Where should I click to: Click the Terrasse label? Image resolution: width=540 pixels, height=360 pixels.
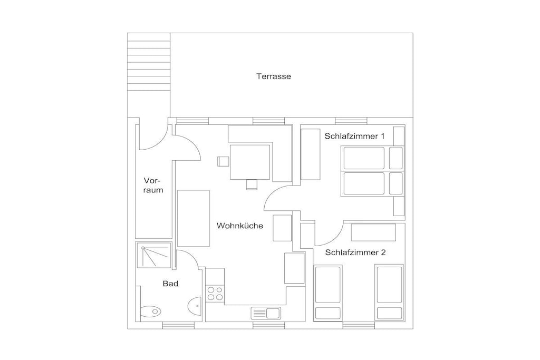tap(274, 76)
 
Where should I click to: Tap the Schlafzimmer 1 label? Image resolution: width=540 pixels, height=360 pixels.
tap(354, 136)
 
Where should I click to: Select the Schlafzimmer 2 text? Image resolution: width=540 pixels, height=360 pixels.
tap(355, 252)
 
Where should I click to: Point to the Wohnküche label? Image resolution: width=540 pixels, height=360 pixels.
tap(240, 226)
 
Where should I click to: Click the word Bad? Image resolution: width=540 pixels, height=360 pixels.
tap(170, 284)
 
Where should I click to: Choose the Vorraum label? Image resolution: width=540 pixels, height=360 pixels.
tap(153, 185)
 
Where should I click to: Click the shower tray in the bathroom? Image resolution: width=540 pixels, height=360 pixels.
tap(153, 255)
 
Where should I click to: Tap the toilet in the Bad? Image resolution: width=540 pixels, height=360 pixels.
tap(151, 312)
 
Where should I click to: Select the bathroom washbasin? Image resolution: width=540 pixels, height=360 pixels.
tap(195, 305)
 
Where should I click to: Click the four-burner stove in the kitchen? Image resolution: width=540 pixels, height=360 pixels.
tap(215, 294)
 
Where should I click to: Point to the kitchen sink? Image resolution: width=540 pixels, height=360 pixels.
tap(266, 313)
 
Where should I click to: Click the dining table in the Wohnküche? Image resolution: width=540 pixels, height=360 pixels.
tap(250, 162)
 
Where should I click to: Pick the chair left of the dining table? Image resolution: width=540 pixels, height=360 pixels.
tap(223, 161)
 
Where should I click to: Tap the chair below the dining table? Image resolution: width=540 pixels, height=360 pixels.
tap(252, 184)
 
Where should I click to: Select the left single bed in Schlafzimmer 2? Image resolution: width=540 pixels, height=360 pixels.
tap(328, 293)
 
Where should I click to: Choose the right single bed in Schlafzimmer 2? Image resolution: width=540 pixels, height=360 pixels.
tap(390, 293)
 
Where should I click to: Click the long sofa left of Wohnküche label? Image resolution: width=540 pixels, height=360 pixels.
tap(194, 218)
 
